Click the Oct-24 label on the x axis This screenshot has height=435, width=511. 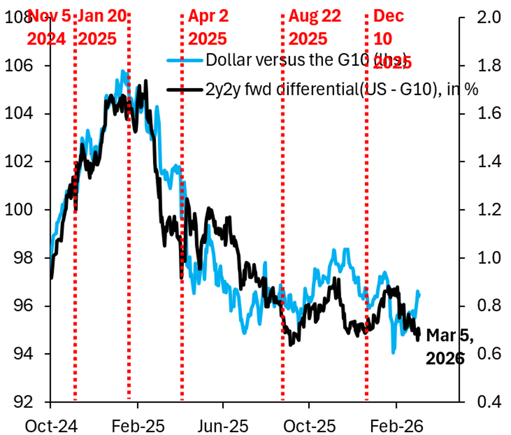click(51, 426)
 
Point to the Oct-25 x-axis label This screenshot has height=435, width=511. click(310, 426)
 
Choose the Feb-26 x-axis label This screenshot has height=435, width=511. click(396, 426)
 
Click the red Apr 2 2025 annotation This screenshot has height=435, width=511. click(208, 28)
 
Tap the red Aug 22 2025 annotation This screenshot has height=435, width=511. click(315, 28)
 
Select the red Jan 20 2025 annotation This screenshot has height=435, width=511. click(102, 28)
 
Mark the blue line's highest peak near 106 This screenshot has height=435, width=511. click(123, 71)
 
